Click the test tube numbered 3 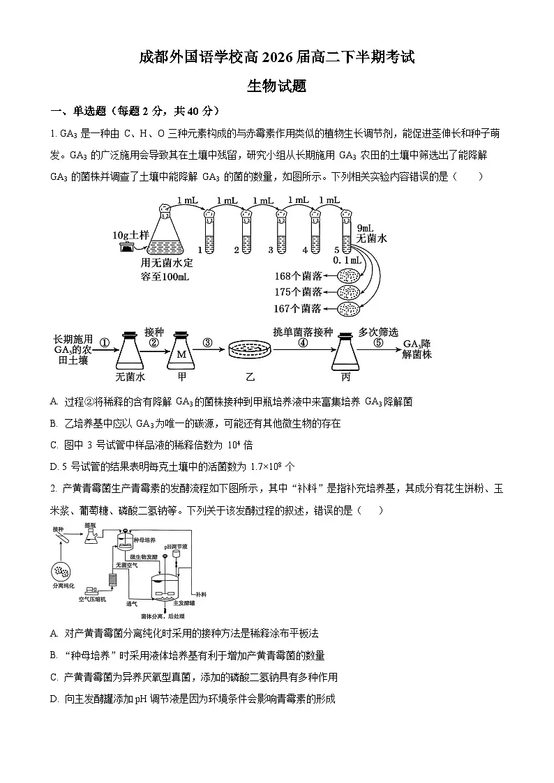[282, 230]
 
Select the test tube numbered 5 [345, 230]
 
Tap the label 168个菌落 [299, 276]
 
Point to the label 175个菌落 [299, 292]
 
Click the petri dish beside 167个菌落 [350, 309]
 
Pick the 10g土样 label [131, 236]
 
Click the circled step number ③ [207, 342]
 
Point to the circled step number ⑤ [378, 343]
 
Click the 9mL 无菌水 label [371, 233]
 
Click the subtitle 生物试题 [277, 86]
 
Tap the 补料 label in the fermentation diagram [201, 593]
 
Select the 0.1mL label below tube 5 [348, 260]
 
